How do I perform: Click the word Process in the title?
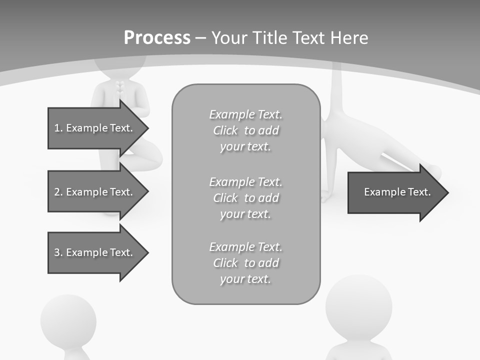coord(157,38)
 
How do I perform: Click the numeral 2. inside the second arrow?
coord(58,192)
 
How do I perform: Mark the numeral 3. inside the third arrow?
coord(58,252)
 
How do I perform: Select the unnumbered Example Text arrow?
coord(395,192)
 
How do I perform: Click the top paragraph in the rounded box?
coord(245,130)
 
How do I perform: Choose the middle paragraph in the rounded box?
coord(245,198)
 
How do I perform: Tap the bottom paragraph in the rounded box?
coord(245,263)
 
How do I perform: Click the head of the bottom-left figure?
coord(68,319)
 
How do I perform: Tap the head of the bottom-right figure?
coord(358,305)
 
